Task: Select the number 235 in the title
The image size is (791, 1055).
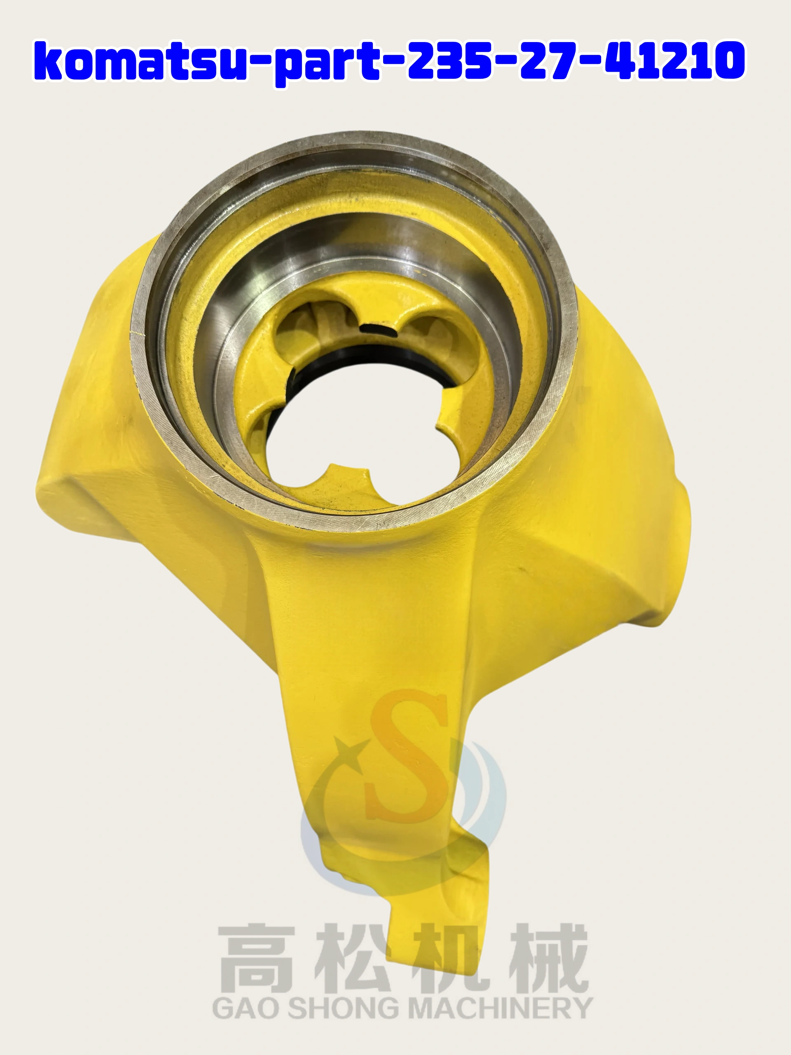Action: pyautogui.click(x=449, y=61)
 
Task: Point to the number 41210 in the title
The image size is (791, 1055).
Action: pyautogui.click(x=675, y=61)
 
